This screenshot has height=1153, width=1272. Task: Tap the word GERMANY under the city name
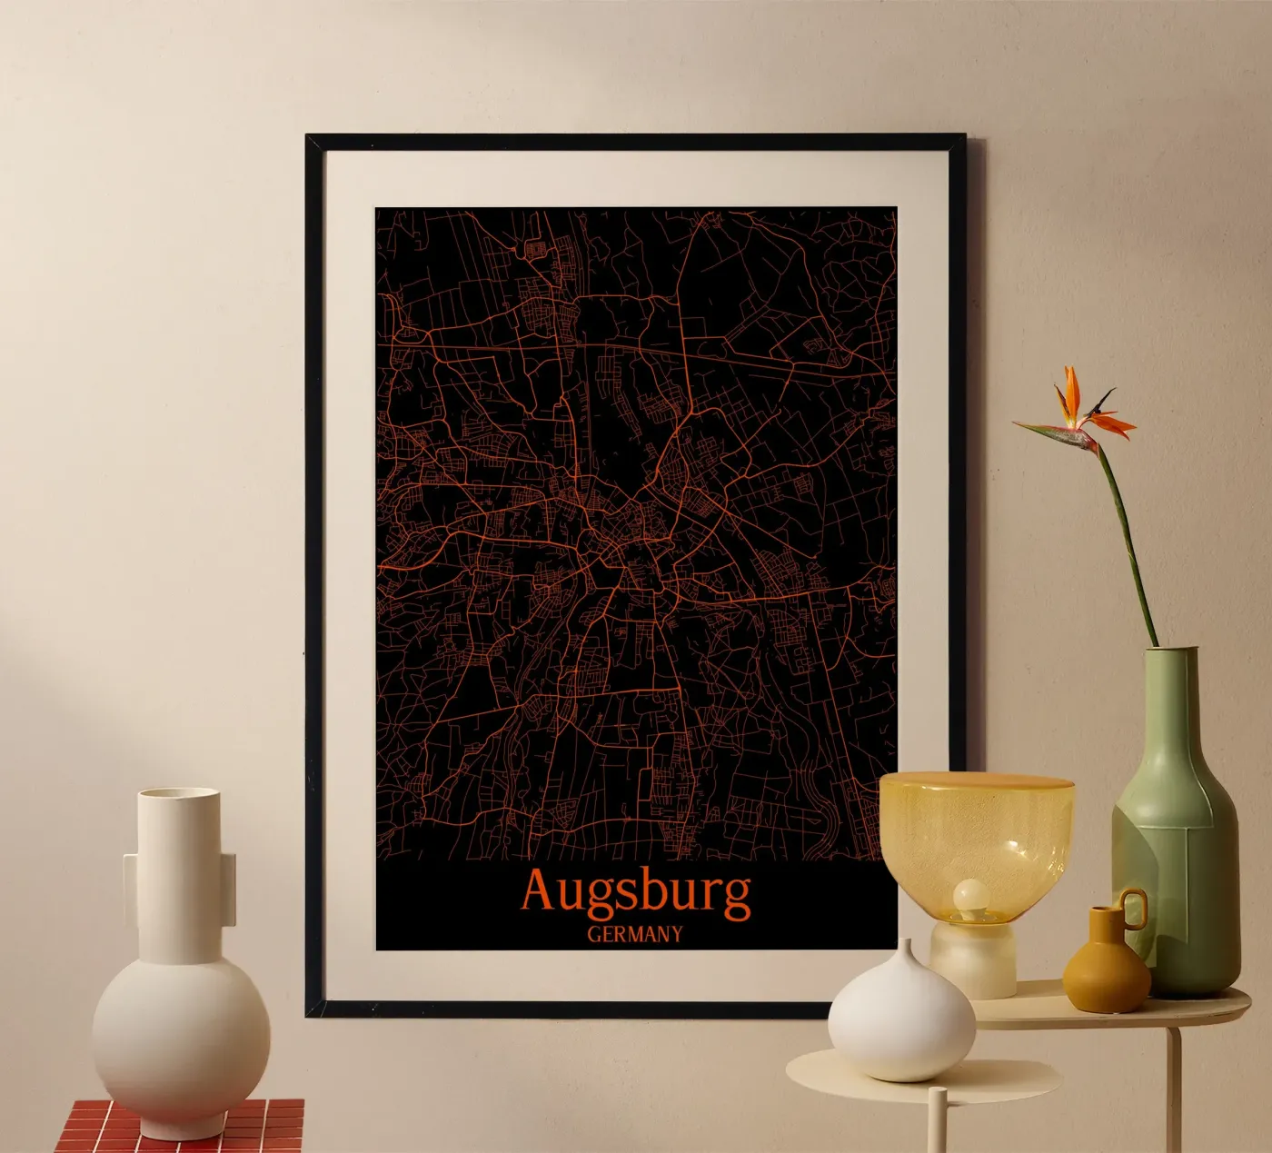coord(634,934)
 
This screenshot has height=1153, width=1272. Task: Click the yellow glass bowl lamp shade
coord(976,827)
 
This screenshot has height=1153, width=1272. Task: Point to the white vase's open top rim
coord(178,794)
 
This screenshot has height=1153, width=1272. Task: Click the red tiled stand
coord(182,1127)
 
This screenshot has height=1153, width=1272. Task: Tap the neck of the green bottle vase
coord(1167,691)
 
